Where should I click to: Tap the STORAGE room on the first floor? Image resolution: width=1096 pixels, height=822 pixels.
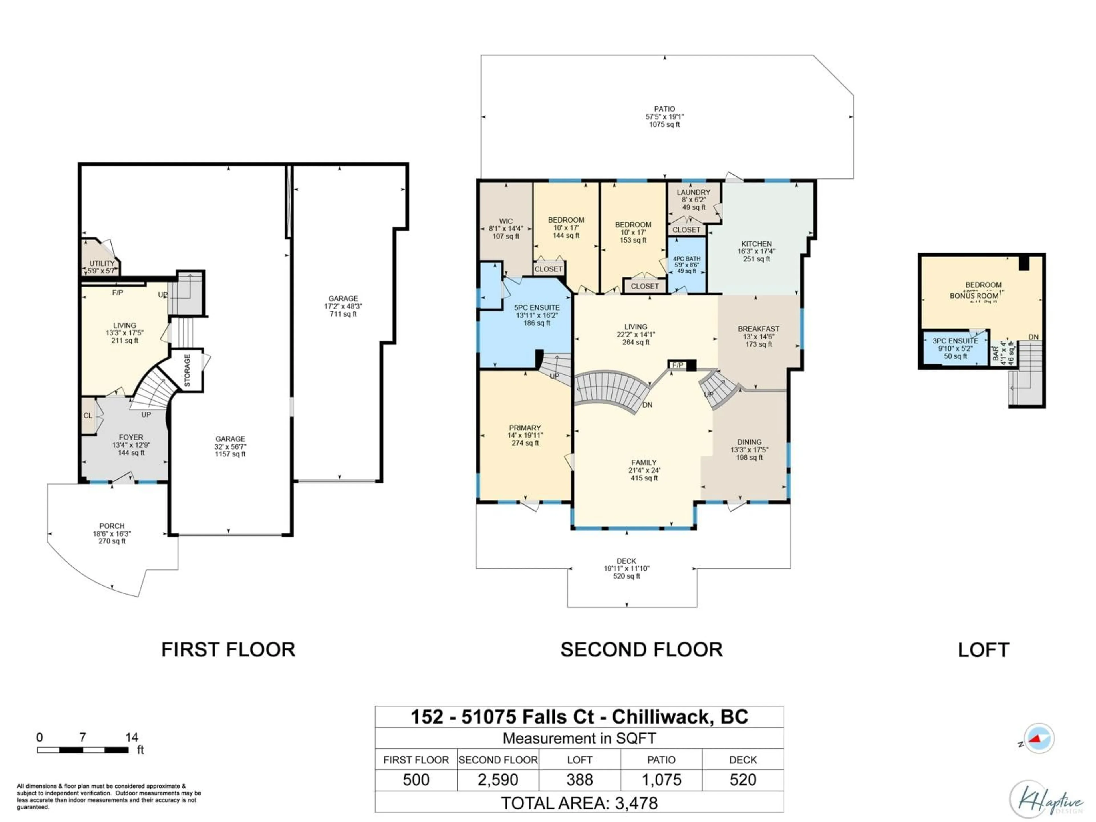(x=187, y=371)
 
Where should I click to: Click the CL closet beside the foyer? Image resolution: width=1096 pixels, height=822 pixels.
(x=88, y=416)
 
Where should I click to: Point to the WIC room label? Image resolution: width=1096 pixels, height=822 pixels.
(x=506, y=221)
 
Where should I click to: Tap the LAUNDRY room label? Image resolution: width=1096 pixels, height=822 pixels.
(x=693, y=192)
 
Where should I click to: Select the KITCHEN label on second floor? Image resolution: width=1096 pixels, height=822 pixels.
(x=756, y=244)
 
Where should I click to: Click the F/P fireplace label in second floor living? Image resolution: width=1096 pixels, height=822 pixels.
(x=677, y=365)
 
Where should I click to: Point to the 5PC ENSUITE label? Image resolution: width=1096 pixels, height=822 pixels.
(x=537, y=308)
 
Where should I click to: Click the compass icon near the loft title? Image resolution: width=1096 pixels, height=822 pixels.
(x=1039, y=739)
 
